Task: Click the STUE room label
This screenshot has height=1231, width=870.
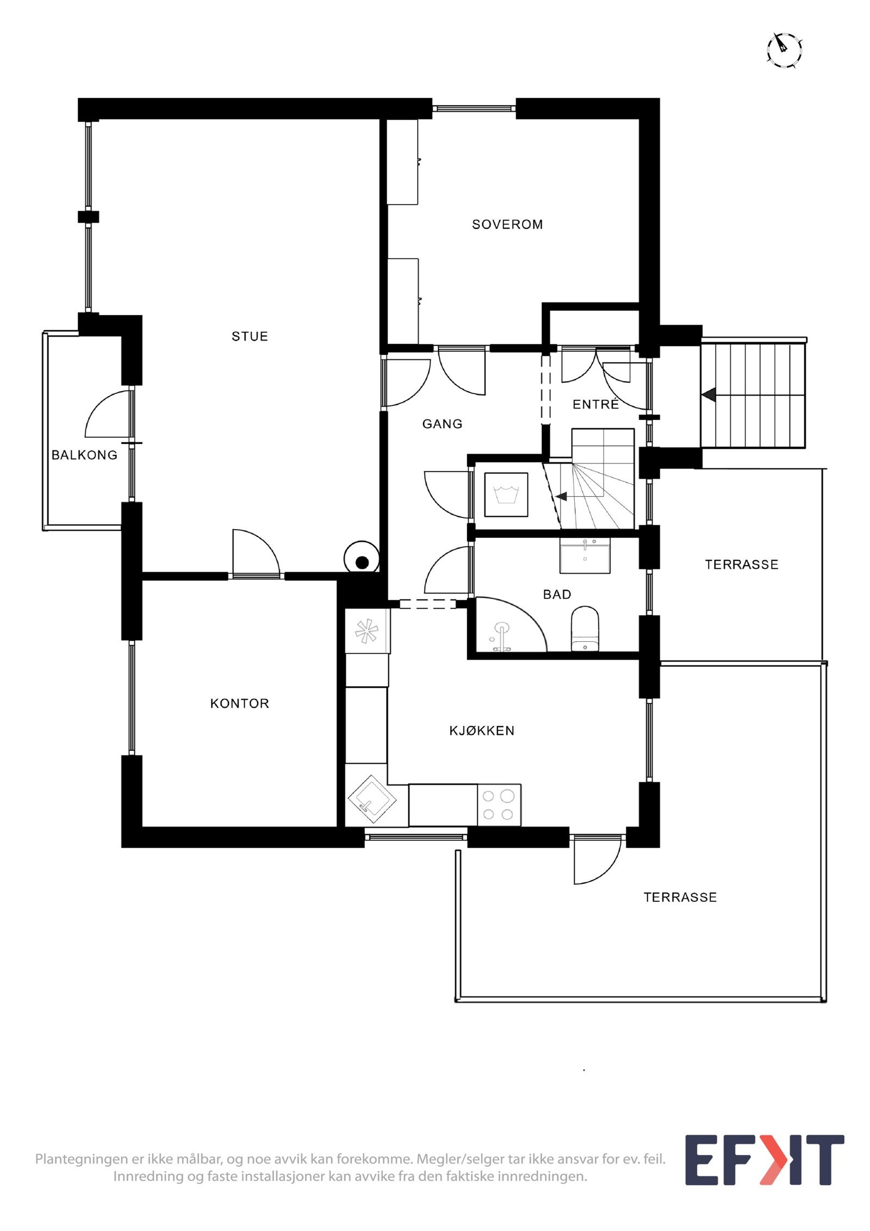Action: pos(250,336)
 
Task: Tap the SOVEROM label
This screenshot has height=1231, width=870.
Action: pos(507,224)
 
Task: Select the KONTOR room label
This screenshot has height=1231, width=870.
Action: pos(239,703)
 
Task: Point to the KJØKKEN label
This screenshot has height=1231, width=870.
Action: pos(481,731)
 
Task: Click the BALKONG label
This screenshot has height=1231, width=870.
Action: pos(84,455)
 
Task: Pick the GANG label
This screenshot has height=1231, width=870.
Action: pos(442,424)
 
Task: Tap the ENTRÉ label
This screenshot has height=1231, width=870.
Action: pos(595,404)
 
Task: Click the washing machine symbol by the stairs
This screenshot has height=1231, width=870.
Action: pos(506,494)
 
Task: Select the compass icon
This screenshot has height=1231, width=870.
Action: pos(784,50)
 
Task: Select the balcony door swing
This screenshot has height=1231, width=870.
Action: pos(109,416)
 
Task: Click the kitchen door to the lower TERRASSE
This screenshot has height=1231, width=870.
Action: pos(597,860)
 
